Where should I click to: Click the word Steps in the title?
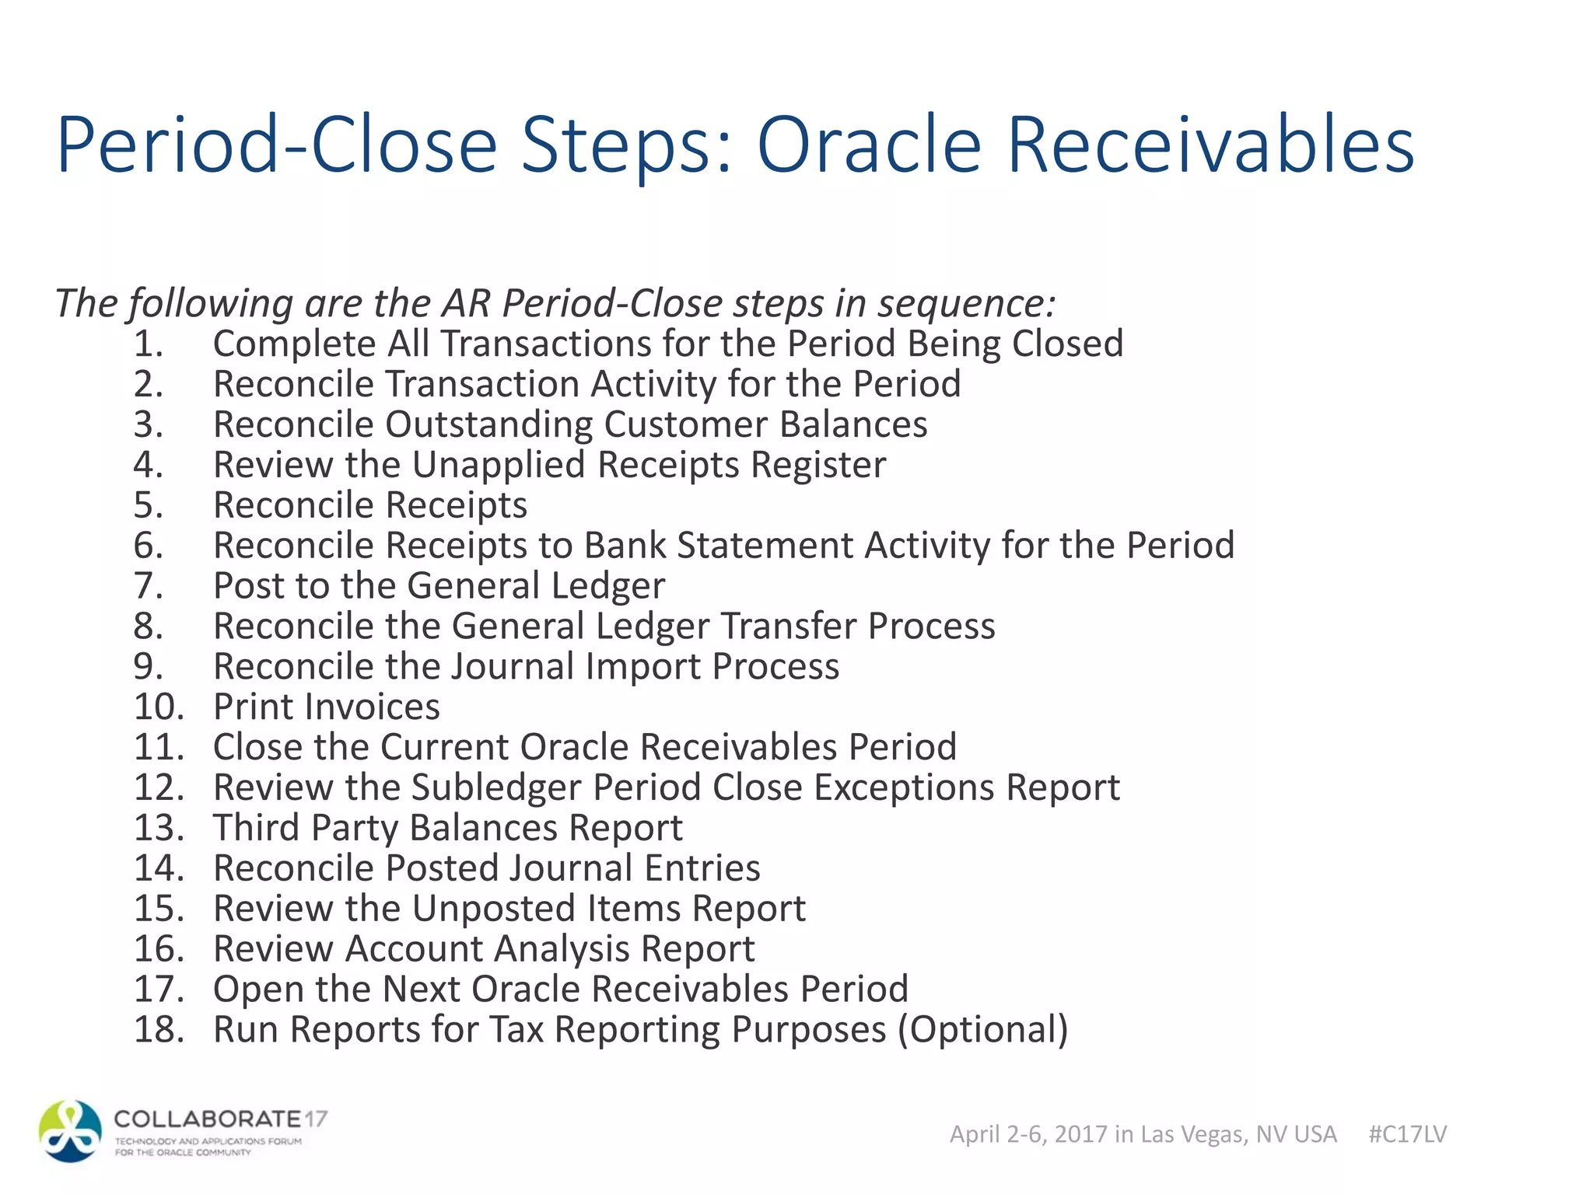pyautogui.click(x=625, y=146)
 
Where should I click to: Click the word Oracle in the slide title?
pyautogui.click(x=869, y=146)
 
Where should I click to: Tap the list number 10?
pyautogui.click(x=159, y=707)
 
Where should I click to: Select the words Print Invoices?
pyautogui.click(x=327, y=707)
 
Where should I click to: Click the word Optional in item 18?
pyautogui.click(x=983, y=1029)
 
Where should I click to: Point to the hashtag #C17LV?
pyautogui.click(x=1407, y=1134)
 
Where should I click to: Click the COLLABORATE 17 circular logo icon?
pyautogui.click(x=71, y=1131)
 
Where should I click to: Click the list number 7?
pyautogui.click(x=148, y=585)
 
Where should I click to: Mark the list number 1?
pyautogui.click(x=148, y=344)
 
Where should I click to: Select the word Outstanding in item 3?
pyautogui.click(x=489, y=424)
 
